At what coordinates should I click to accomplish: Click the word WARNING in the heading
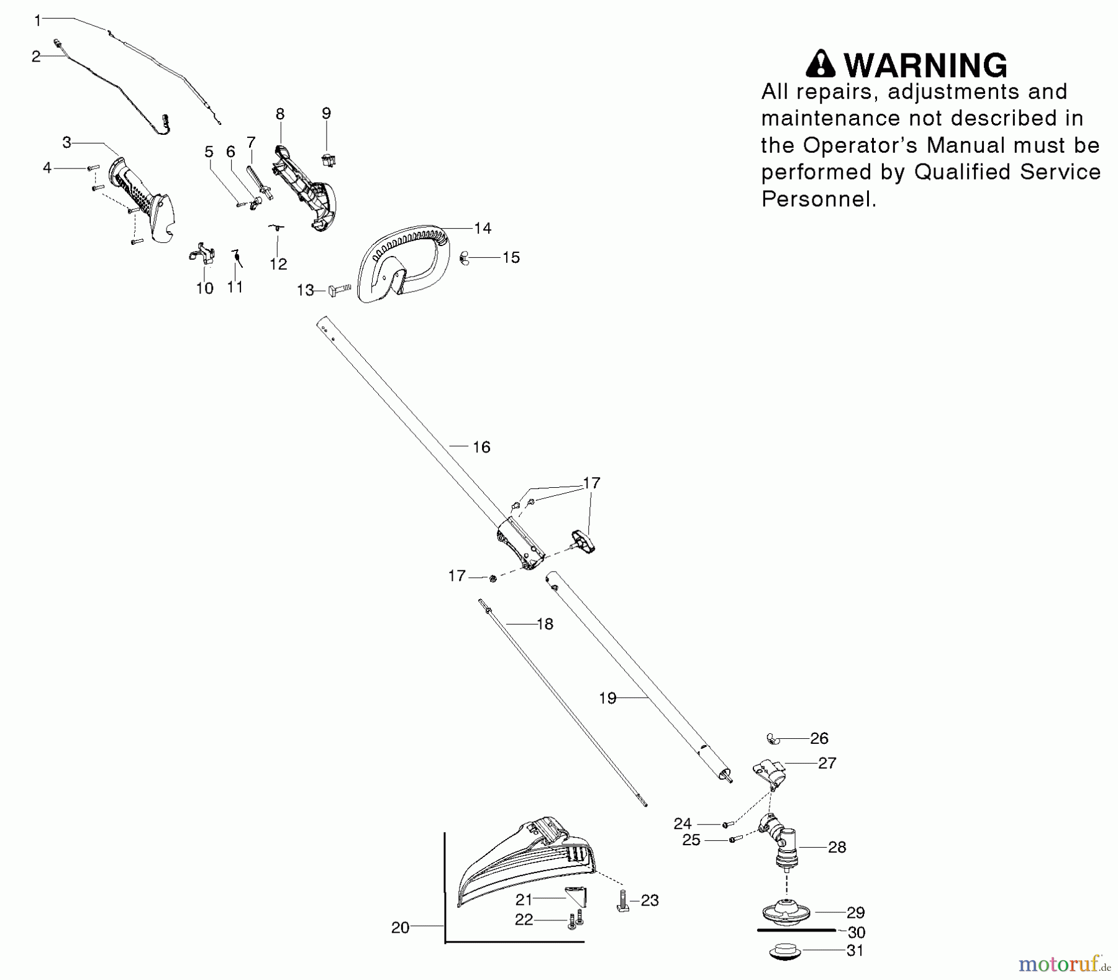[925, 65]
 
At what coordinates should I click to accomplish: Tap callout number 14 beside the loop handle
[482, 228]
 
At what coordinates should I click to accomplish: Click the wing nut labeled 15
[464, 257]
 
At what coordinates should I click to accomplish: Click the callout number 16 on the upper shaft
[481, 447]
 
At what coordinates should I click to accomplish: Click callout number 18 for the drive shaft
[544, 624]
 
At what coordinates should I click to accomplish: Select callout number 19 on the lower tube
[607, 698]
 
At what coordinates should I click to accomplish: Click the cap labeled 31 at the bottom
[785, 951]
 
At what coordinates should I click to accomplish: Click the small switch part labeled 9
[328, 159]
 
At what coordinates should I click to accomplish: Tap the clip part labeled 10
[202, 255]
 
